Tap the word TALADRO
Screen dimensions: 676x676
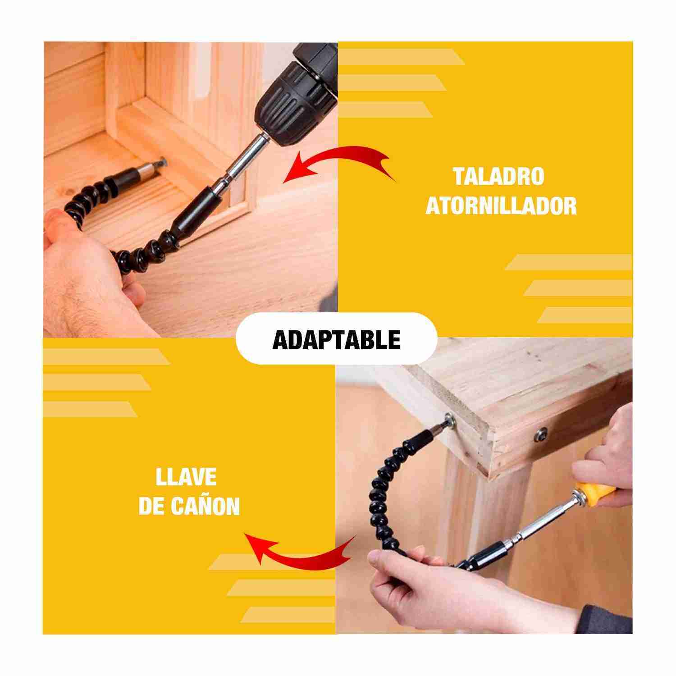pyautogui.click(x=499, y=176)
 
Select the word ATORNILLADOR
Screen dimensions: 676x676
pyautogui.click(x=501, y=206)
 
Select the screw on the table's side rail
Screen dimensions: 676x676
pyautogui.click(x=540, y=434)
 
